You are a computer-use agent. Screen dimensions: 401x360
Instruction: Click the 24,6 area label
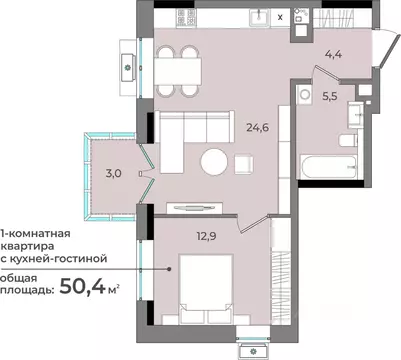pyautogui.click(x=257, y=127)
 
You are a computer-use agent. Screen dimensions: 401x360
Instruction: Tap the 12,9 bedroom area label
pyautogui.click(x=207, y=236)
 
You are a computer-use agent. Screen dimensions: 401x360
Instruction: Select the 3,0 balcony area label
pyautogui.click(x=113, y=173)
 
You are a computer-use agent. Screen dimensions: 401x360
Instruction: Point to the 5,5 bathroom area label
pyautogui.click(x=330, y=96)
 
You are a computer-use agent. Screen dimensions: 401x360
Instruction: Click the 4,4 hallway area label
pyautogui.click(x=333, y=54)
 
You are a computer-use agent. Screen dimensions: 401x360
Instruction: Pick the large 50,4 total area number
pyautogui.click(x=82, y=286)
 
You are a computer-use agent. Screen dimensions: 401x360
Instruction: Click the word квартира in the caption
pyautogui.click(x=27, y=247)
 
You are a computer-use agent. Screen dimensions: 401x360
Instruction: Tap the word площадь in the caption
pyautogui.click(x=27, y=290)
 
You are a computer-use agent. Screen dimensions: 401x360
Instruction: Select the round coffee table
pyautogui.click(x=214, y=162)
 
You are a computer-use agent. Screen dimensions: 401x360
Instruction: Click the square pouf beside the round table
pyautogui.click(x=244, y=164)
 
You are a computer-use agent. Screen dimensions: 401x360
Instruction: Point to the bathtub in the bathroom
pyautogui.click(x=328, y=167)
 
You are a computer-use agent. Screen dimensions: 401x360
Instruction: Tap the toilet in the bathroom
pyautogui.click(x=348, y=140)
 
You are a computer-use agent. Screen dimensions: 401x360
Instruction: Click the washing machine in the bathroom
pyautogui.click(x=304, y=94)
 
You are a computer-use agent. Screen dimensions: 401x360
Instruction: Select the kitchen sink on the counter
pyautogui.click(x=259, y=16)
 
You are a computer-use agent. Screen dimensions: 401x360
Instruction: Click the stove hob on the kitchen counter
pyautogui.click(x=186, y=17)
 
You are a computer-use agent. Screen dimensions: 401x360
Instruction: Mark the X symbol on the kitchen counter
pyautogui.click(x=280, y=17)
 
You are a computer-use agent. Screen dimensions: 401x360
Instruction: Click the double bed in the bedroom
pyautogui.click(x=206, y=289)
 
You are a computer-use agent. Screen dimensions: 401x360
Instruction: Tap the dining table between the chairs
pyautogui.click(x=178, y=71)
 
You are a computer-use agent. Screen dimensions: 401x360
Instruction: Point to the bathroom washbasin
pyautogui.click(x=356, y=115)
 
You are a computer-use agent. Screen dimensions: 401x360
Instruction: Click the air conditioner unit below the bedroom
pyautogui.click(x=254, y=351)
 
